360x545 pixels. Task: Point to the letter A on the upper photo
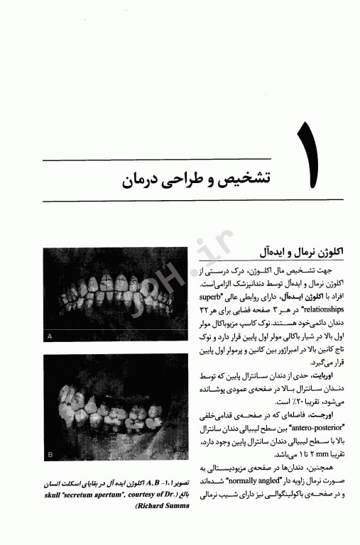tap(48, 335)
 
